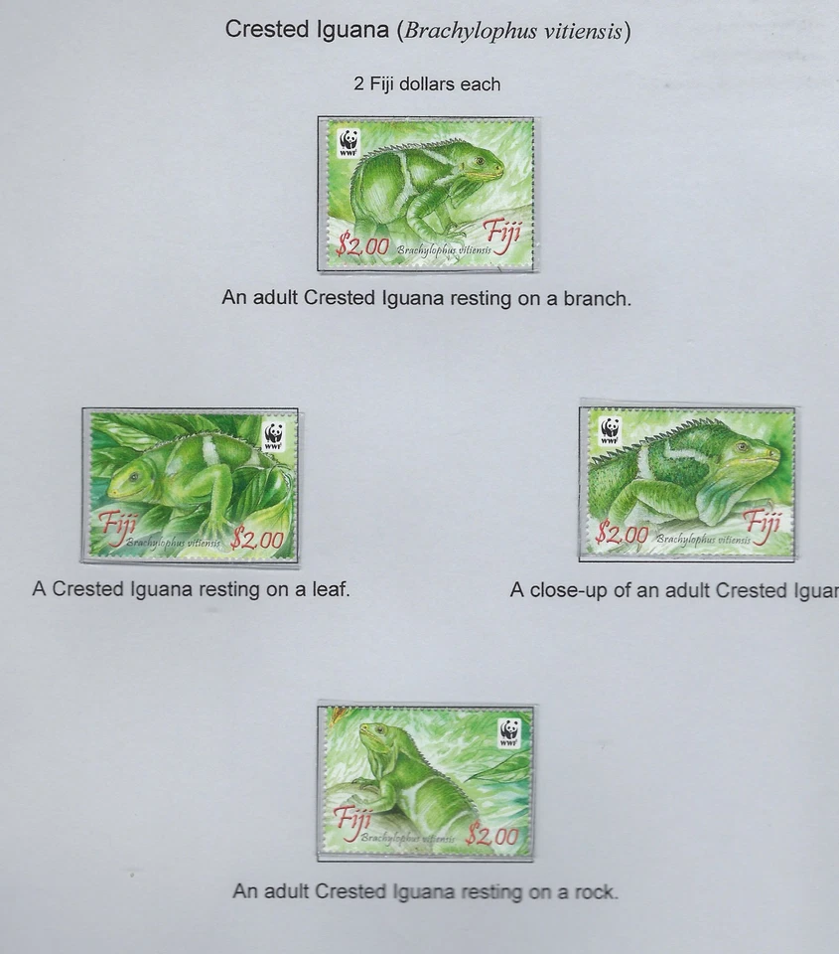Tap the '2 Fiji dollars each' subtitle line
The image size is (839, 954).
click(x=427, y=84)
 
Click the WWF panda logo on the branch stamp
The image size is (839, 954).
click(x=348, y=141)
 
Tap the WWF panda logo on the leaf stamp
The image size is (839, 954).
click(x=273, y=435)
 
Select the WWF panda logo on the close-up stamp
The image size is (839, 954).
click(x=610, y=430)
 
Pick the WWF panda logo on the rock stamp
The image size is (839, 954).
click(x=509, y=732)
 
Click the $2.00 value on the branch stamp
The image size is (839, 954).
click(x=362, y=245)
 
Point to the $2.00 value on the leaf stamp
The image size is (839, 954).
click(x=257, y=540)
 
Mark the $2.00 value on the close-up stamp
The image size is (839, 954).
click(x=622, y=536)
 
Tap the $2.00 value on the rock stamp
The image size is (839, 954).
click(x=492, y=837)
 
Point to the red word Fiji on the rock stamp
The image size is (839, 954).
click(x=351, y=820)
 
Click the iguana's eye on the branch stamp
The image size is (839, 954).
click(x=479, y=161)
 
